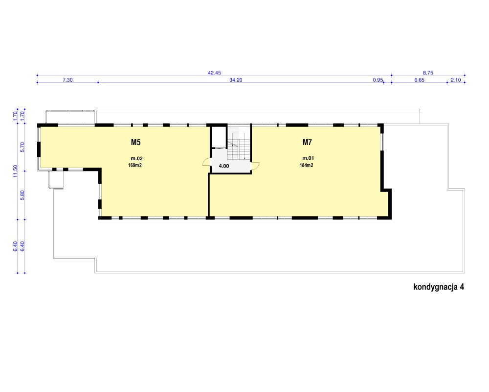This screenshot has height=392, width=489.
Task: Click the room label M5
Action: pos(135,143)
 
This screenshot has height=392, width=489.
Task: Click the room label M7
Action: pos(307,143)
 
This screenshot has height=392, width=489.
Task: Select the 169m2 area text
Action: pos(135,165)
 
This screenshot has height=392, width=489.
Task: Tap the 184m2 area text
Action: pos(307,165)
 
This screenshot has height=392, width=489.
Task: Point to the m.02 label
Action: pos(136,158)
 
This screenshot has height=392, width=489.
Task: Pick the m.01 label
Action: pos(308,158)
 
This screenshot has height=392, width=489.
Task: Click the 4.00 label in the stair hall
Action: pos(224,166)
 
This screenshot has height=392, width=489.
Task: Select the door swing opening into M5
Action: pos(207,163)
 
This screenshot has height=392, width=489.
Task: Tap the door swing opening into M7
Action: pos(255,166)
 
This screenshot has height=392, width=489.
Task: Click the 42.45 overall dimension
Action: pos(215,73)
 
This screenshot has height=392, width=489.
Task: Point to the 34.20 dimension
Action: pos(236,80)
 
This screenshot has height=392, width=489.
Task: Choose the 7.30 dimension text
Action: pos(67,80)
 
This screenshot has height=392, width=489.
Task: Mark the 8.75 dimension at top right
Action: pos(428,73)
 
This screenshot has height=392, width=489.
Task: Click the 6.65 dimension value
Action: pos(420,80)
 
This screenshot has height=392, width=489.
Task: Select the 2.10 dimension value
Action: pos(456,80)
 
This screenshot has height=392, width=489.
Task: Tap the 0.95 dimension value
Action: pos(378,80)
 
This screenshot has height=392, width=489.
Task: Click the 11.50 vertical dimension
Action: pos(15,171)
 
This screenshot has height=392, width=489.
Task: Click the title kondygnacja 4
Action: pos(439,287)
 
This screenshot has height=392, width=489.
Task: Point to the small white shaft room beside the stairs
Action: pos(219,137)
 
